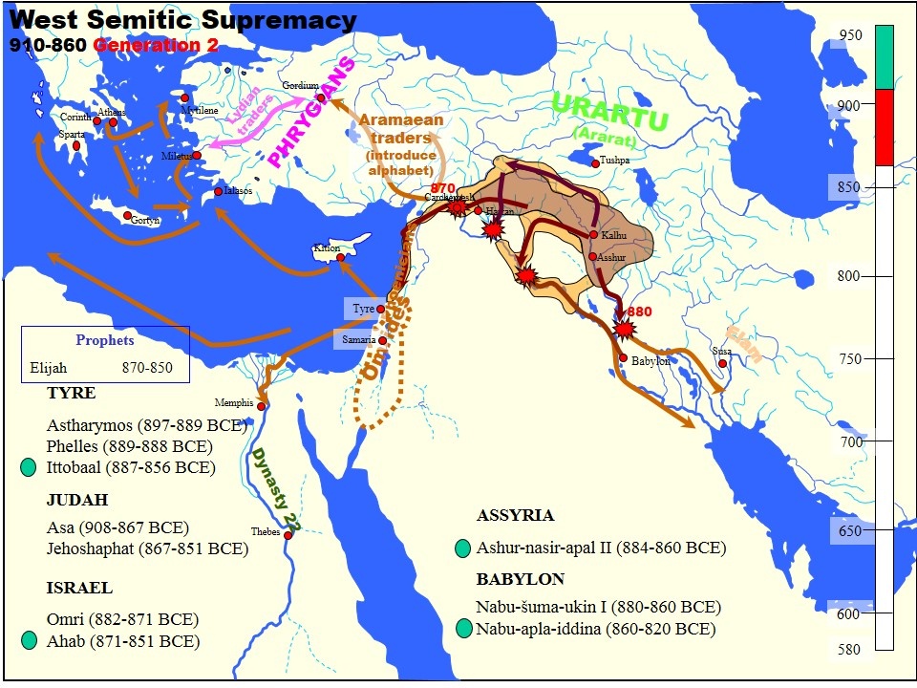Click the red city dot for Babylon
pos(623,358)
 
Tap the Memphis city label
pos(234,402)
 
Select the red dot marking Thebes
pos(288,535)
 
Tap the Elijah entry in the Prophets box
pos(50,367)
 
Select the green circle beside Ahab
pos(29,641)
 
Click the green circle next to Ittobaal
pos(29,467)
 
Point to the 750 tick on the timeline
pos(848,358)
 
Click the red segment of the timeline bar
pos(884,127)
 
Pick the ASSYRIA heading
pos(515,515)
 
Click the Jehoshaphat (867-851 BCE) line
pos(147,549)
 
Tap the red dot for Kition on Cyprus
pos(340,257)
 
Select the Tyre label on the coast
pos(363,309)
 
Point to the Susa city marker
pos(722,363)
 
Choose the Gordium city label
pos(299,86)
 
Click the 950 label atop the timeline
pos(850,35)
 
